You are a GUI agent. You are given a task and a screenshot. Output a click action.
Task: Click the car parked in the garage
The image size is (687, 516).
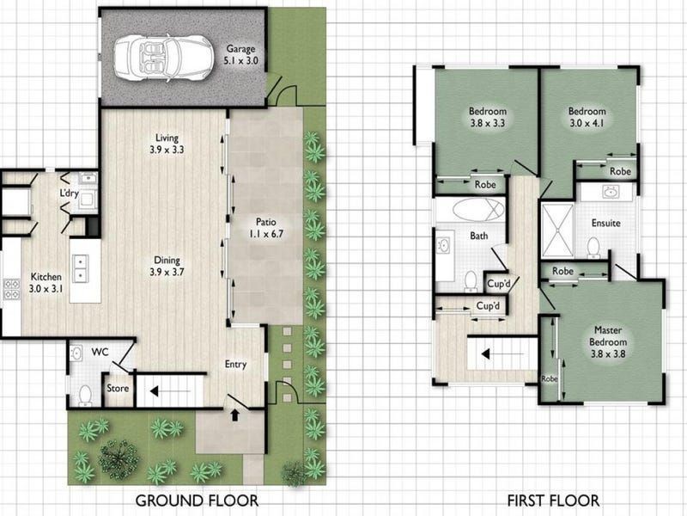click(x=164, y=58)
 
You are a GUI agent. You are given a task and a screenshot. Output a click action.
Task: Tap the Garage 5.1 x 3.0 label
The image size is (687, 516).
click(x=240, y=55)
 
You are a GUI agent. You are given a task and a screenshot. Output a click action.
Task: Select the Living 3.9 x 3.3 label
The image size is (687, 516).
click(x=167, y=144)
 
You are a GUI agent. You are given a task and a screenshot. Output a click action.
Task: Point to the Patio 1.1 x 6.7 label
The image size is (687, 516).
click(x=266, y=228)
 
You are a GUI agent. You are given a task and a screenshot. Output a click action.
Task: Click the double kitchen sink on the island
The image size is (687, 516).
click(x=80, y=268)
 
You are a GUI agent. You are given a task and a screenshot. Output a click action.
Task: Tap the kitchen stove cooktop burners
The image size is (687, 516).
click(x=11, y=289)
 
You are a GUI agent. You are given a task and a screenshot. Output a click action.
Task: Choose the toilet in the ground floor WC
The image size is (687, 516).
click(x=84, y=395)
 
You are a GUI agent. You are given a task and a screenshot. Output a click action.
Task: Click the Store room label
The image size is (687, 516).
click(x=118, y=388)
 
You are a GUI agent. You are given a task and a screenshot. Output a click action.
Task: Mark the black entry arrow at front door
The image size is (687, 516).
click(x=235, y=415)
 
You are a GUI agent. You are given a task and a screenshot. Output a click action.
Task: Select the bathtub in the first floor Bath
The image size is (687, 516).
click(x=478, y=209)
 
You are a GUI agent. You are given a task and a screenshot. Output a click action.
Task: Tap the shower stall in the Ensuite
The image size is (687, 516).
click(x=557, y=230)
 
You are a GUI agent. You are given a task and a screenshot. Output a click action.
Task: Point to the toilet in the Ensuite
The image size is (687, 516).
click(x=593, y=247)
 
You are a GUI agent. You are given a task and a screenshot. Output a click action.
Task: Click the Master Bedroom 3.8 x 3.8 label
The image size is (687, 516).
click(x=608, y=341)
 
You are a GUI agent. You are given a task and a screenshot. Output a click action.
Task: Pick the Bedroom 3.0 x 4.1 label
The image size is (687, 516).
click(x=587, y=117)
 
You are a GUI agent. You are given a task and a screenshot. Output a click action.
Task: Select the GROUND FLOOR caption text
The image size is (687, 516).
click(x=197, y=501)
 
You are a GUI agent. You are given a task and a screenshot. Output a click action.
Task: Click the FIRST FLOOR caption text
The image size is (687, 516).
click(x=553, y=501)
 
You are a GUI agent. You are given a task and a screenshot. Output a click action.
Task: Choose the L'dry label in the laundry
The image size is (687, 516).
click(x=69, y=193)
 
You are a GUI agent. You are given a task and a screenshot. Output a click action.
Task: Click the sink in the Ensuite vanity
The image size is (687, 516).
click(x=611, y=192)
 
